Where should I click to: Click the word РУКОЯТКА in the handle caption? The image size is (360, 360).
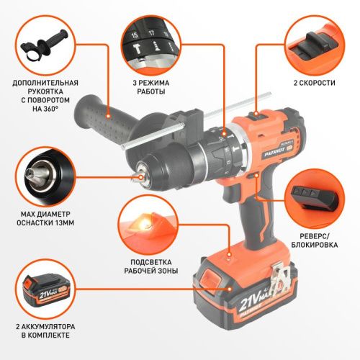[45, 91]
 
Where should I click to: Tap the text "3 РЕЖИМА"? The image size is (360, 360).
[151, 83]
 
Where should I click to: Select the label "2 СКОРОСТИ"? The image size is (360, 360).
[315, 83]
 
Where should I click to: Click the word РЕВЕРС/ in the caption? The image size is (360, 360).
[315, 236]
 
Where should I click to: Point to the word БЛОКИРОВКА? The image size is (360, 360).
[315, 245]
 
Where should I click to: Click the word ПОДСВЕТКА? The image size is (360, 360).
[151, 262]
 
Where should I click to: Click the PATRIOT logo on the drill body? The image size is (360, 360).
[275, 152]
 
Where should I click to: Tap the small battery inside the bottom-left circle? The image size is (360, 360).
[45, 291]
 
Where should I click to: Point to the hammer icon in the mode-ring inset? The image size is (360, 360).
[138, 49]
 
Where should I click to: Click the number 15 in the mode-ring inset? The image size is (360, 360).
[135, 35]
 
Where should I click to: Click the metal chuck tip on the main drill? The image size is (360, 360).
[138, 177]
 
